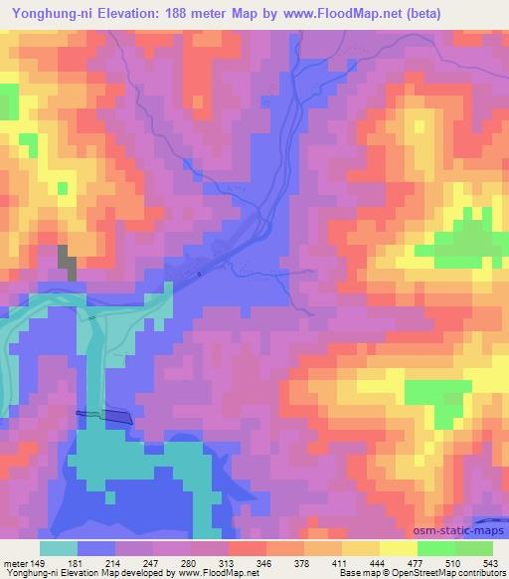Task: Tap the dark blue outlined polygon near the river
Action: pos(103,415)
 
